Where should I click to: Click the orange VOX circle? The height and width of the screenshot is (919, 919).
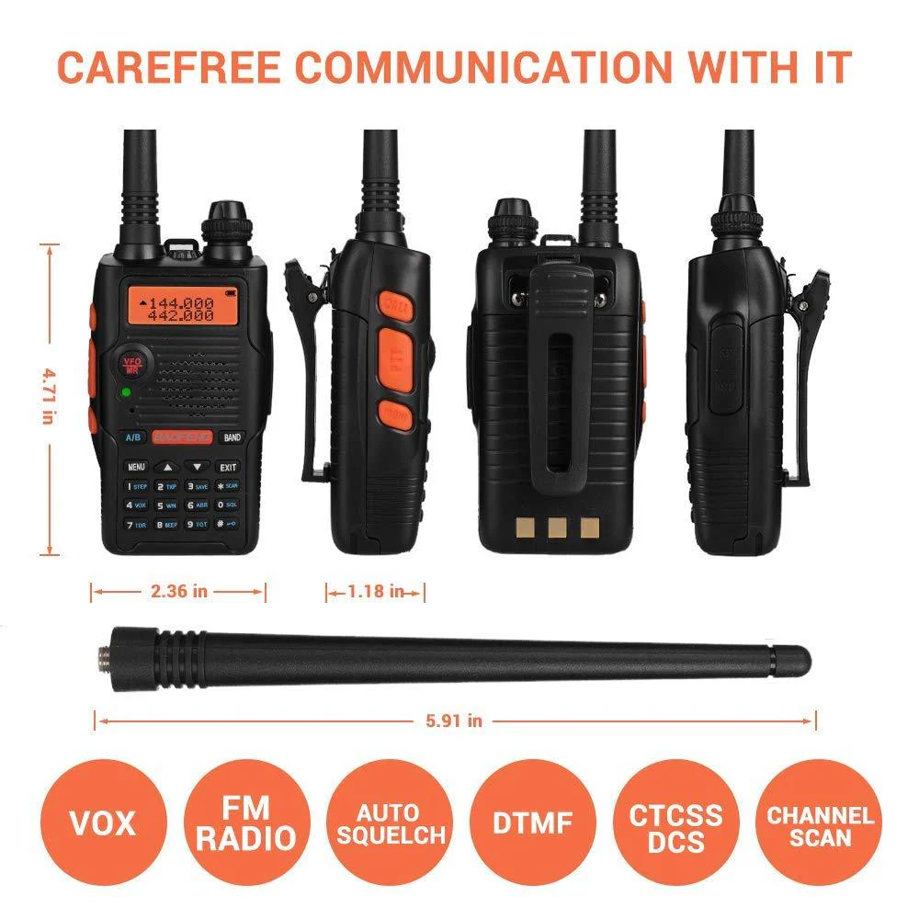(x=101, y=821)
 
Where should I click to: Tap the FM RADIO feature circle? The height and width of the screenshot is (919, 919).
(x=245, y=821)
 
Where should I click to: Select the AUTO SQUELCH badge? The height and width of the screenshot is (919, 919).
(x=390, y=823)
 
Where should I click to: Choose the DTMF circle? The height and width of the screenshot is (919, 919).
(x=533, y=821)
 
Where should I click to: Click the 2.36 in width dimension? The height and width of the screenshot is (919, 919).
(x=178, y=591)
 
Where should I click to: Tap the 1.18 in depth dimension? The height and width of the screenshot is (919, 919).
(x=375, y=592)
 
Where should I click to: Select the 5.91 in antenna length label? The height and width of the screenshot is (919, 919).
(x=455, y=721)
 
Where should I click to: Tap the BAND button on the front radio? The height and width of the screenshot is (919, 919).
(x=233, y=437)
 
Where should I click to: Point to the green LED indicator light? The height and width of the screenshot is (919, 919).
(x=125, y=394)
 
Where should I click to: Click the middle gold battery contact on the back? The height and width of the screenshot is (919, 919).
(x=555, y=528)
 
